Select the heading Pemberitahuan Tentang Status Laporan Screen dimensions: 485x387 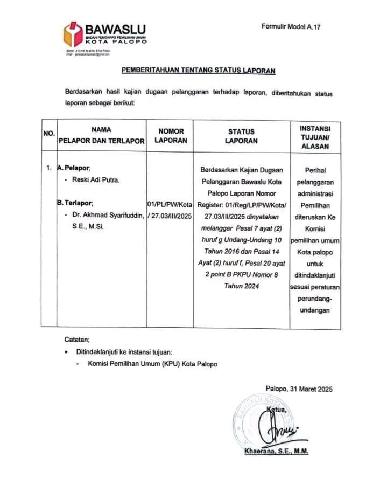(x=198, y=71)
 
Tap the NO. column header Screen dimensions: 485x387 (x=49, y=133)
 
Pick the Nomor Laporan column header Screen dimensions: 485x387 (x=172, y=135)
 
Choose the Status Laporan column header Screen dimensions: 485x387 (x=241, y=136)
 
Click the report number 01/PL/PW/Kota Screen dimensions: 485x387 (x=170, y=205)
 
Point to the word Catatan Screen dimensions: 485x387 (x=78, y=339)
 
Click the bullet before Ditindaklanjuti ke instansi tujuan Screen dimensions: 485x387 (x=66, y=352)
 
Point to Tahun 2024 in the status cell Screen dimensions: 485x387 (x=242, y=286)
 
